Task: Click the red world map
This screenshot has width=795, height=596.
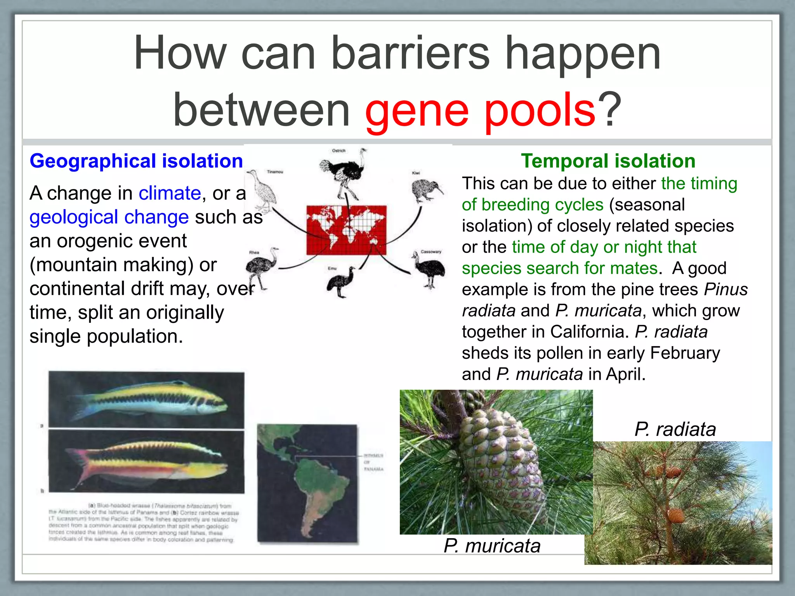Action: [x=346, y=230]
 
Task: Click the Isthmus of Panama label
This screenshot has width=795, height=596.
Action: [x=373, y=462]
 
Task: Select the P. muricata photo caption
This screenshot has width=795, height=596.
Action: [x=492, y=546]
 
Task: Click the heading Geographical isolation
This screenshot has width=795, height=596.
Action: [x=136, y=161]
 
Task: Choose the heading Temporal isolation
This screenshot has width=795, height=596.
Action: [x=608, y=161]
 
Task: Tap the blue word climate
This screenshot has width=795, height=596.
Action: [x=170, y=193]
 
